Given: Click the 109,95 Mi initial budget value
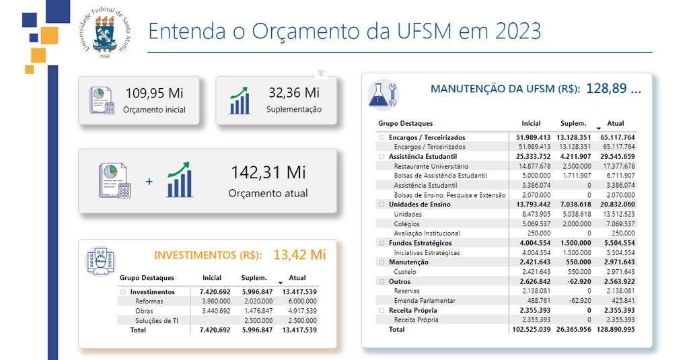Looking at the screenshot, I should (154, 93).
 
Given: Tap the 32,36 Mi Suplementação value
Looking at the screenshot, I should (293, 93).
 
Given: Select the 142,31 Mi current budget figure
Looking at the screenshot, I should (268, 172).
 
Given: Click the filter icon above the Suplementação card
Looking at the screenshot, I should (321, 73).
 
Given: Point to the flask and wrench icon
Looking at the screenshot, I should (382, 94).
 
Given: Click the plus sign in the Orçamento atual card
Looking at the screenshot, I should (149, 182).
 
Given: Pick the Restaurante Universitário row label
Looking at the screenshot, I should (431, 166).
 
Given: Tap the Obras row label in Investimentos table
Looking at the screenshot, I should (144, 311).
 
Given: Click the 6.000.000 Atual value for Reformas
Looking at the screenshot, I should (301, 301).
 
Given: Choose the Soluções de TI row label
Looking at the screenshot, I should (157, 321).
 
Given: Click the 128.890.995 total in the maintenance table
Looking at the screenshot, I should (614, 330).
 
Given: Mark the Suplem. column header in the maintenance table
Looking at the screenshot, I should (573, 124).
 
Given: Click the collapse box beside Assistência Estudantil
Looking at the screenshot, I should (381, 157).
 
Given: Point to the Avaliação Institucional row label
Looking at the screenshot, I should (427, 233).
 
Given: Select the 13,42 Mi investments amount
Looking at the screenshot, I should (299, 254).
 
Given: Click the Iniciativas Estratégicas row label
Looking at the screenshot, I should (427, 253).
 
